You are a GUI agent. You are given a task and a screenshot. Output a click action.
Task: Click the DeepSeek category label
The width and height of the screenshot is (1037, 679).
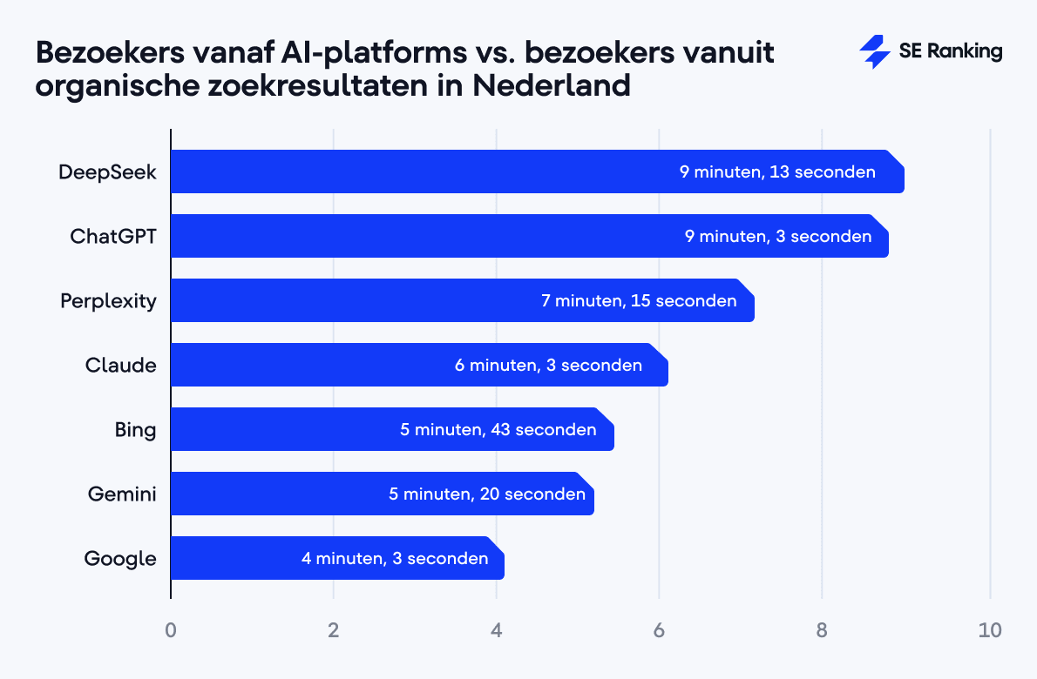107,171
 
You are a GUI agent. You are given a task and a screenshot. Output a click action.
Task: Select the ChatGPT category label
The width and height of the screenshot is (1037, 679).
113,236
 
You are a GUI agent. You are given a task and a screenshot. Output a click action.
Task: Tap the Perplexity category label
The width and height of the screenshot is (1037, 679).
108,301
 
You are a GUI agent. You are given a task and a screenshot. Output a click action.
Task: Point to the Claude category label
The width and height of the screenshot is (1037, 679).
120,365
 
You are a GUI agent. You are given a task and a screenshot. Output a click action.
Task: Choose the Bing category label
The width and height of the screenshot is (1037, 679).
135,430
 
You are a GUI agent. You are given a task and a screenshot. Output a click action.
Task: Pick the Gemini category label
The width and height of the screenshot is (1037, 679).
122,494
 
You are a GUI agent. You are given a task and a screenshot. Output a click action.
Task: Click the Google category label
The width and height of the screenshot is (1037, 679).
120,559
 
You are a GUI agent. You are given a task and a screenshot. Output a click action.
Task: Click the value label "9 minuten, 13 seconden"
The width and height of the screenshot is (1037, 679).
777,171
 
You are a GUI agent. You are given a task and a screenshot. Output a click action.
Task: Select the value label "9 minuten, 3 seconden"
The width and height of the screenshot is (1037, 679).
778,236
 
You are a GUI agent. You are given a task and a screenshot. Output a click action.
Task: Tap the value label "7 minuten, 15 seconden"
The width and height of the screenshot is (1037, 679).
639,300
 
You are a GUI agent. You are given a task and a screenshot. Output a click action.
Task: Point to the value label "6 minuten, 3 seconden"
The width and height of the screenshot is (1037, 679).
548,365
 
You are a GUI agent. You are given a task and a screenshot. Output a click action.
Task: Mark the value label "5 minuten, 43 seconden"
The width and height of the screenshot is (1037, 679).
498,429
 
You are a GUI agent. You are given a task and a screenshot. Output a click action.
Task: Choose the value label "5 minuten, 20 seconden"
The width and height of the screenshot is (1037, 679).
487,494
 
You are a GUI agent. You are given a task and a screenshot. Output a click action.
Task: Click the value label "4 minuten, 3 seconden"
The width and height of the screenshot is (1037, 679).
395,558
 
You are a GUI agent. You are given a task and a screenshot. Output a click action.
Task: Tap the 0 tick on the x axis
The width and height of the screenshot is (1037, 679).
171,630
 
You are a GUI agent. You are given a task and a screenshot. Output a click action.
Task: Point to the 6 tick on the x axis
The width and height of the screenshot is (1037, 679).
659,630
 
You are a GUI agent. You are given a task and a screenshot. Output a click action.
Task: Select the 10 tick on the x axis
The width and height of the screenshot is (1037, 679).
990,630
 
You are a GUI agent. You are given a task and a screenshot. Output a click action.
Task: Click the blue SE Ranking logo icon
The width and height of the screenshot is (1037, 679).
874,52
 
